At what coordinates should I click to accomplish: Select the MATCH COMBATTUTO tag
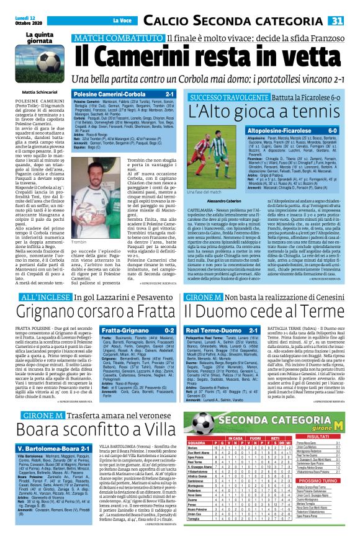point(118,39)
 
